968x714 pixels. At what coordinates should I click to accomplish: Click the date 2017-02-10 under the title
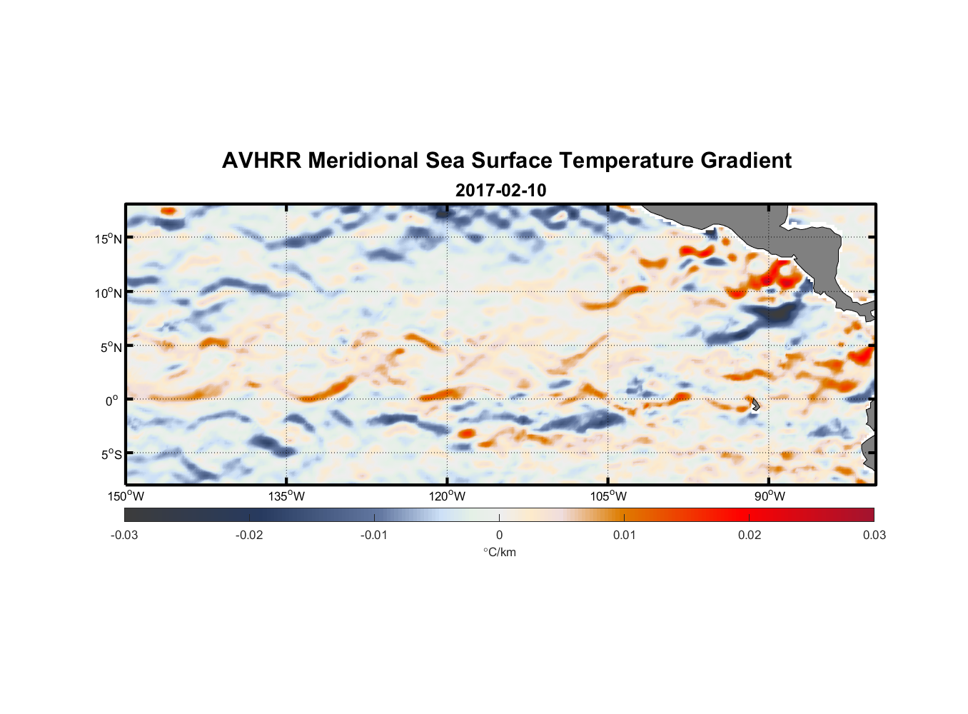(500, 190)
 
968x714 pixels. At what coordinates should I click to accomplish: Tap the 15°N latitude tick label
(109, 238)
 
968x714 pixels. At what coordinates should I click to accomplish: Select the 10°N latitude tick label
(109, 293)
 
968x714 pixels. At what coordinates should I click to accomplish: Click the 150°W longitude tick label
(126, 496)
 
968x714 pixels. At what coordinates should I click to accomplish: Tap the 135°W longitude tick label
(287, 496)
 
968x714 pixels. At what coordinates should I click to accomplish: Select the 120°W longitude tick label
(448, 496)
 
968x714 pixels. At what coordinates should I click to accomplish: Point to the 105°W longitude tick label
(608, 496)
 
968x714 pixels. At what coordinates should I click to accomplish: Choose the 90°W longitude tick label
(770, 496)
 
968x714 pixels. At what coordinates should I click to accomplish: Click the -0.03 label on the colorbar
(124, 535)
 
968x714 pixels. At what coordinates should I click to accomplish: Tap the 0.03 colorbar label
(874, 535)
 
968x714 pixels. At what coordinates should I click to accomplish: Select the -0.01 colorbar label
(374, 535)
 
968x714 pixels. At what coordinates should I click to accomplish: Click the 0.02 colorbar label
(750, 535)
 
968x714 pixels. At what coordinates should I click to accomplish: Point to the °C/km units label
(500, 552)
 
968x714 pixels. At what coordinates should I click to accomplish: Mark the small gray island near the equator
(755, 404)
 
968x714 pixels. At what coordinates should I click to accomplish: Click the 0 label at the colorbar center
(499, 535)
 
